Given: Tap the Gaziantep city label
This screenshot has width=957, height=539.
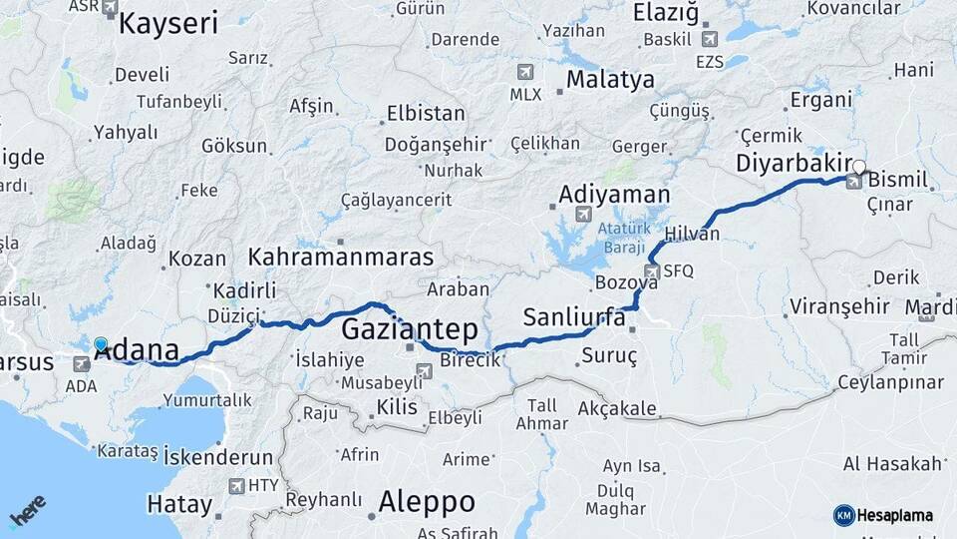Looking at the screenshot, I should click(409, 329).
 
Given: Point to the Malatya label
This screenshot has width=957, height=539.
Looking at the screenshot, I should click(610, 79).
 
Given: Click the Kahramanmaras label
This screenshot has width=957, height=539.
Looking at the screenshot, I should click(341, 257).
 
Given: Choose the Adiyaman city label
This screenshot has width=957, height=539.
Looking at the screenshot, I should click(614, 194).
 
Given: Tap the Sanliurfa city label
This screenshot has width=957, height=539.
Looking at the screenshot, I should click(574, 318).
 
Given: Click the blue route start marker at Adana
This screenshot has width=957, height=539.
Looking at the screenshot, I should click(101, 345).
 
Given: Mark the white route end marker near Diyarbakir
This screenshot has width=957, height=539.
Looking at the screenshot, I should click(859, 168).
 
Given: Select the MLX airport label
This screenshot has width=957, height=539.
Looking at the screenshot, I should click(525, 95).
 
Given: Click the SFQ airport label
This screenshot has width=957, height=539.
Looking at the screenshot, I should click(678, 270).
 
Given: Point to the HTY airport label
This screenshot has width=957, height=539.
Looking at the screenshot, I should click(264, 486).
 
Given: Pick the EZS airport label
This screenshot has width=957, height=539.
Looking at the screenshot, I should click(710, 62).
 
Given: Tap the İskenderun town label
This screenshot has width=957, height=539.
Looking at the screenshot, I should click(217, 458).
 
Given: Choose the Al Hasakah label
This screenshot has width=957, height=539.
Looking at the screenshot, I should click(892, 464).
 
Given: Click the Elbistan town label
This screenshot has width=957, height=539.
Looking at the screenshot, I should click(426, 112).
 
